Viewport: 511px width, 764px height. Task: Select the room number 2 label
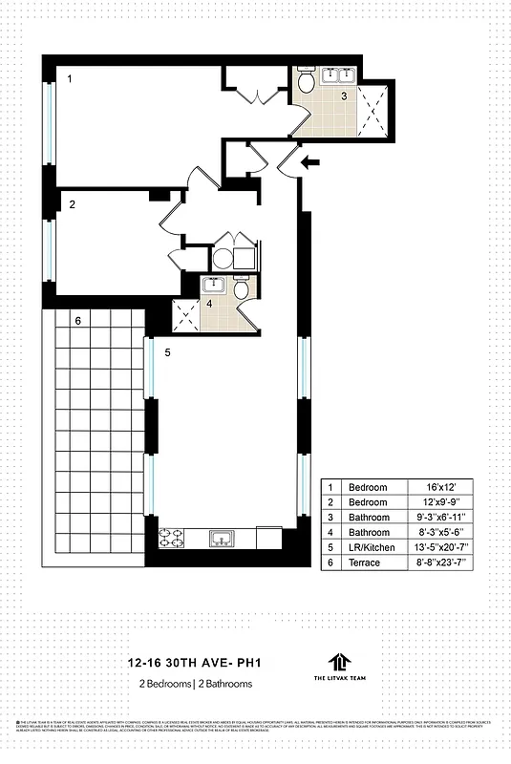[72, 203]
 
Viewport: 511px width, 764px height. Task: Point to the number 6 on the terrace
[77, 321]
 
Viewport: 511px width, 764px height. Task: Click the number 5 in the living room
[166, 353]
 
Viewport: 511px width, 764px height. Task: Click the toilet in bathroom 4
[243, 289]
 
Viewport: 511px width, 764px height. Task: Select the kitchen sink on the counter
[222, 540]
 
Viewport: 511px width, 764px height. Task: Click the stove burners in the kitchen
[176, 539]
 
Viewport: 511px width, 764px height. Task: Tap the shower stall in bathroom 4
[184, 314]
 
